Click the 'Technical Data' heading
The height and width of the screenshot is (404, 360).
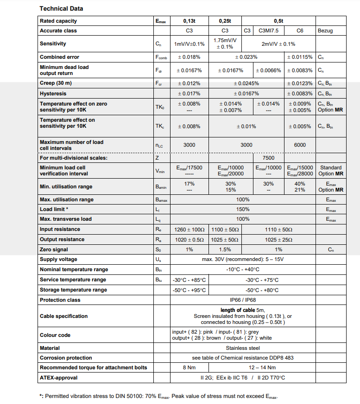(61, 9)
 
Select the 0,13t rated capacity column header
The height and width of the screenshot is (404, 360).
(189, 21)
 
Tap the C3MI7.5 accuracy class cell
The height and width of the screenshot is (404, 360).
(268, 31)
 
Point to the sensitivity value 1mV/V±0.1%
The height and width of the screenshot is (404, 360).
(189, 44)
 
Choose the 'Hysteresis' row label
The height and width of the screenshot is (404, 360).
(53, 93)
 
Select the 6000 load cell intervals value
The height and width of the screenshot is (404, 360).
(300, 145)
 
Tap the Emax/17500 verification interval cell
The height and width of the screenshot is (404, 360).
(189, 168)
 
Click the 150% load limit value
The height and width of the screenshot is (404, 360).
(243, 209)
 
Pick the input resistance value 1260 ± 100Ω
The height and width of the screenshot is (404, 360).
(189, 230)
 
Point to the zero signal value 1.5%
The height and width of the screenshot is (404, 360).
(225, 249)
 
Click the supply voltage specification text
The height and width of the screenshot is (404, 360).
(243, 259)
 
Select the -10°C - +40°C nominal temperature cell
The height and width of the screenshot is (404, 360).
(243, 269)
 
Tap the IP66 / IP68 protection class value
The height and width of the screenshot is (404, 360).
(243, 300)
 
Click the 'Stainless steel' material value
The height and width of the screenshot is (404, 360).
(243, 348)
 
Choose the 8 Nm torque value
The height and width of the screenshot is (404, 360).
(189, 368)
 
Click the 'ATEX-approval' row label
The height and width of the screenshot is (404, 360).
(58, 378)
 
